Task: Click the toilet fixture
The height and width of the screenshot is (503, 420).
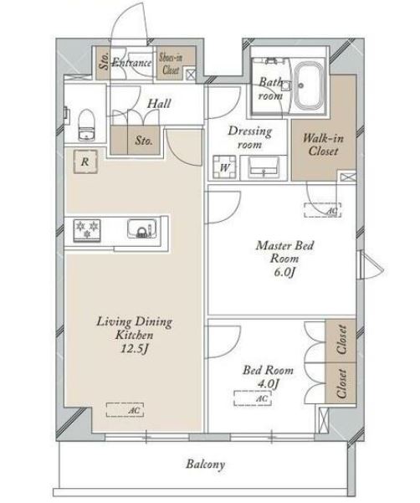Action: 86,125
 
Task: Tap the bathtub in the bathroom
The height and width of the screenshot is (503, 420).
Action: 310,85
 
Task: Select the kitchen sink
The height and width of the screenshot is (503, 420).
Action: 143,228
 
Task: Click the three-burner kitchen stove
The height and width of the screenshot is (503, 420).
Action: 87,230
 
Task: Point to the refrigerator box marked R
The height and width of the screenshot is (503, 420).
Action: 85,162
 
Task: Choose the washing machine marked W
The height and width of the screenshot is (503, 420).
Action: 225,167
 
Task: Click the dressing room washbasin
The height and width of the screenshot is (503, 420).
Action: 264,167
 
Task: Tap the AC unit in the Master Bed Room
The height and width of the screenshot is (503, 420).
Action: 323,210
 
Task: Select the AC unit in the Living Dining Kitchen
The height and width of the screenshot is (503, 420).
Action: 125,409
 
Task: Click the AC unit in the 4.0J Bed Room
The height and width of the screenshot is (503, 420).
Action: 253,398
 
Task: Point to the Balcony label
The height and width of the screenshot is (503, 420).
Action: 205,465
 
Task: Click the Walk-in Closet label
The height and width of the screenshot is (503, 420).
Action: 323,144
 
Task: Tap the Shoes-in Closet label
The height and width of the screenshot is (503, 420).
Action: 171,64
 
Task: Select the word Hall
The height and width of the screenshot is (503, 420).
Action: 159,103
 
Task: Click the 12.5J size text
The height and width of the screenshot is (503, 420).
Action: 135,349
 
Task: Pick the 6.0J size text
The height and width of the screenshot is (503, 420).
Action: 284,272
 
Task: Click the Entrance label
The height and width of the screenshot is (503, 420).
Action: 131,62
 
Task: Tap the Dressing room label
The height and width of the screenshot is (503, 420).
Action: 250,138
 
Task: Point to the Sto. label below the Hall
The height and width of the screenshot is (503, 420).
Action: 144,140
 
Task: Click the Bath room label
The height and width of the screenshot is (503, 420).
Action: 270,89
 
